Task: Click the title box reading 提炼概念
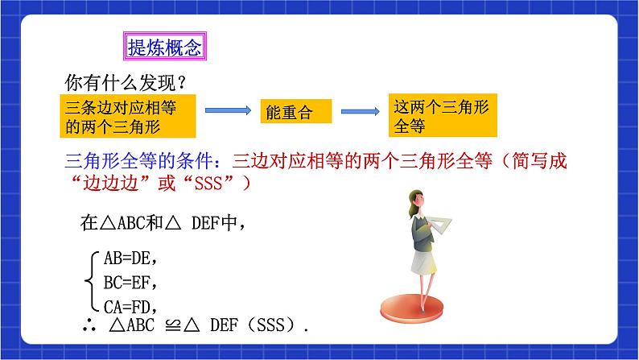[165, 47]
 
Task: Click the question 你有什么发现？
[126, 83]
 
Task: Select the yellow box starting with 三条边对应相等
[128, 116]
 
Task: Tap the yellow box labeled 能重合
[296, 111]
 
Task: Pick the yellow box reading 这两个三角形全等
[443, 115]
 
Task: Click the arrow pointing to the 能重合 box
[229, 110]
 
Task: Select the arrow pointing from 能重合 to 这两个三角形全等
[361, 111]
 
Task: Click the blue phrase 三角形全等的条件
[138, 161]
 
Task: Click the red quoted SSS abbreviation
[208, 184]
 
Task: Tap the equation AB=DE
[130, 259]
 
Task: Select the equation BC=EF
[130, 283]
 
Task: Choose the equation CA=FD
[130, 307]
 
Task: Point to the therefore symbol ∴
[89, 325]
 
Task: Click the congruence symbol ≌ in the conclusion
[173, 325]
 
